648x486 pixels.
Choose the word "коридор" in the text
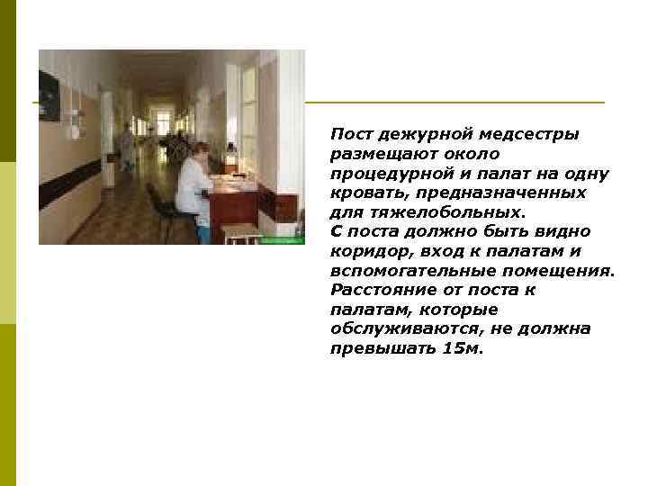pyautogui.click(x=366, y=251)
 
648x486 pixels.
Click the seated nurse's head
pyautogui.click(x=202, y=150)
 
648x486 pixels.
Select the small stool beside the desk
pyautogui.click(x=241, y=233)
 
